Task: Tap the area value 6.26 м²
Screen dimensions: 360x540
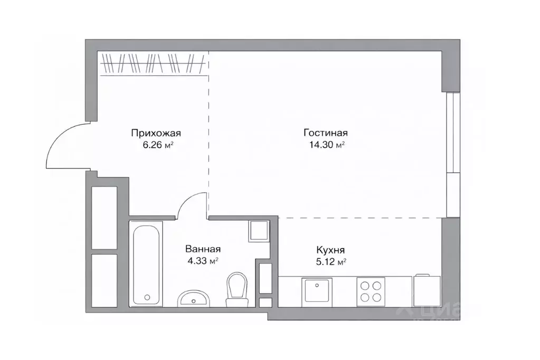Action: tap(158, 144)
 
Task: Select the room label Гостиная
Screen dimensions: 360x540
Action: tap(326, 133)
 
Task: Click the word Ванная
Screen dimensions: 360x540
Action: tap(202, 249)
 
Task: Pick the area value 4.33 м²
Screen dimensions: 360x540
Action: tap(203, 260)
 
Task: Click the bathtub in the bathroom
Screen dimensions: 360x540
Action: tap(147, 264)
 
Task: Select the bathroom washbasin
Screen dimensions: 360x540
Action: tap(193, 299)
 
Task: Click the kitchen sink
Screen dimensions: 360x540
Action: tap(317, 292)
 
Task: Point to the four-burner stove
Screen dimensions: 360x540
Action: tap(371, 292)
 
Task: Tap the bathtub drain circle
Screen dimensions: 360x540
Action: tap(148, 297)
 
